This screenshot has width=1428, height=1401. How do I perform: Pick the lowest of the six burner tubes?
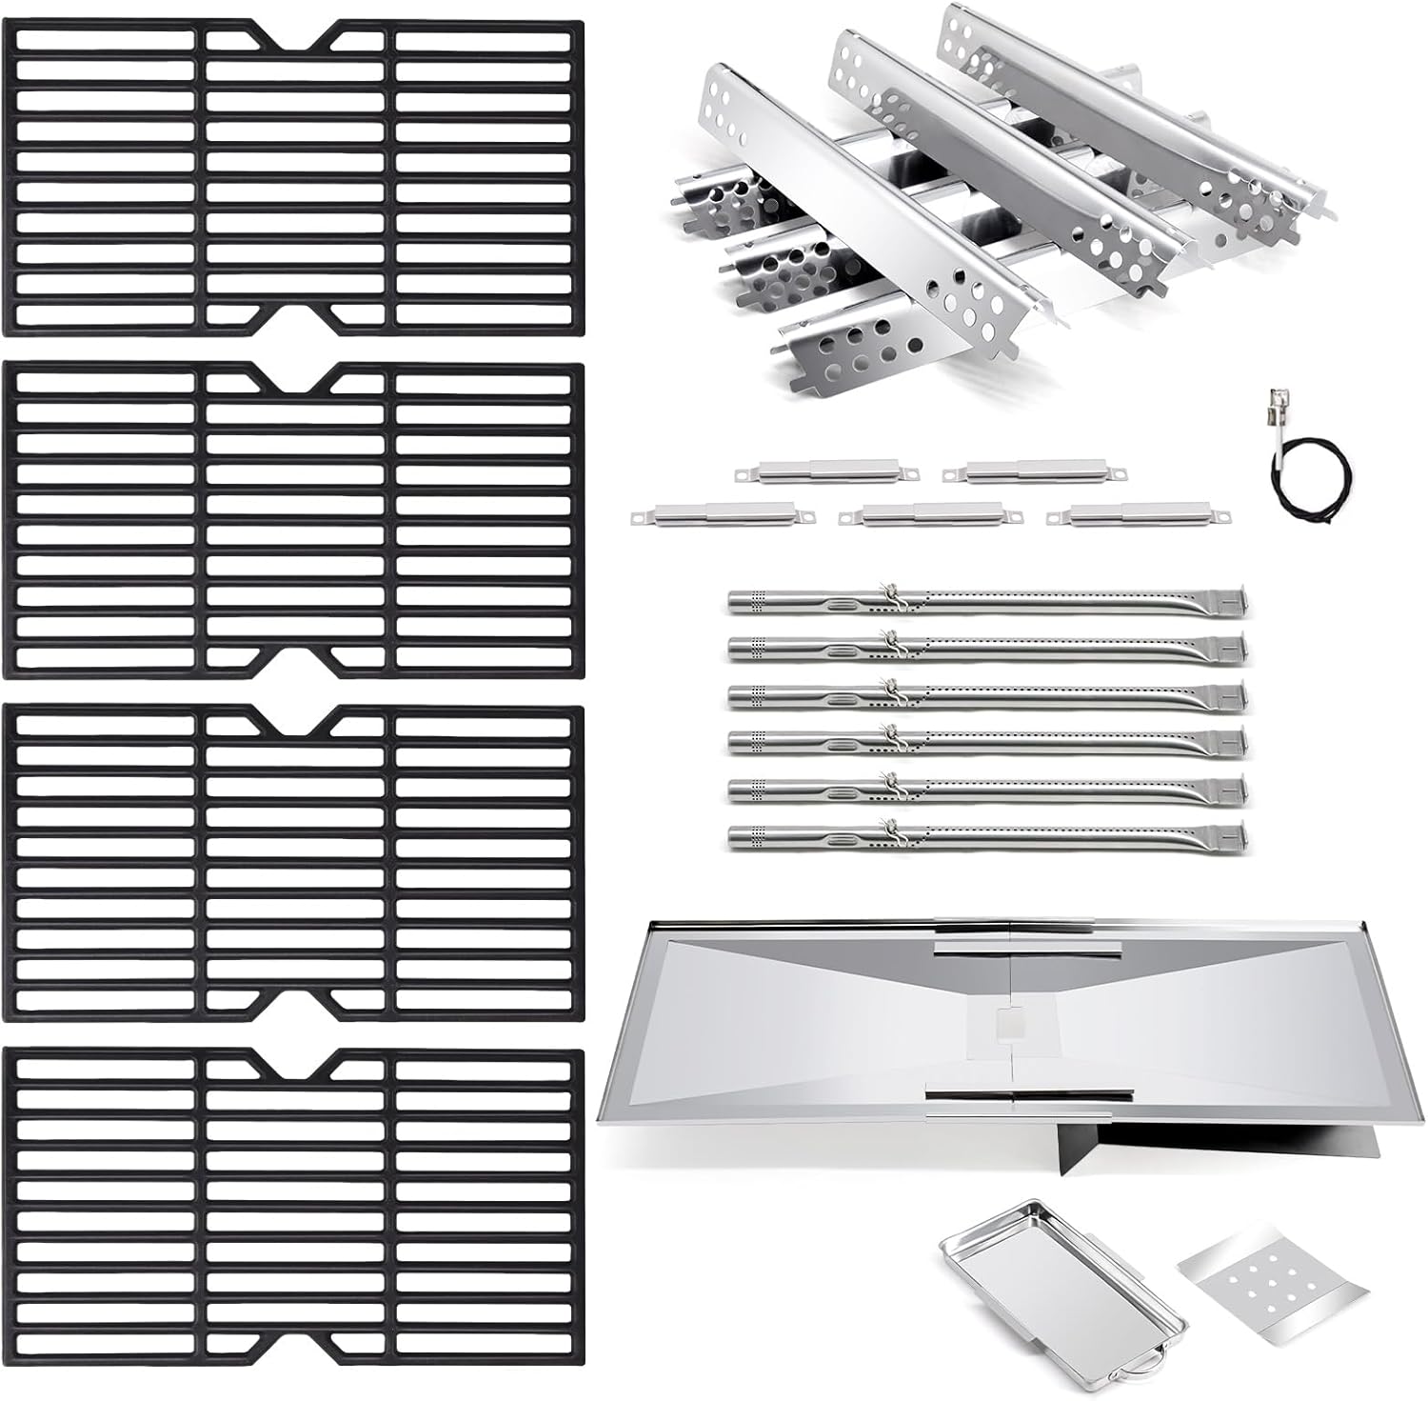click(x=985, y=837)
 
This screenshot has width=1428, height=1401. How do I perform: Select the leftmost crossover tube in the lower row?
click(x=724, y=516)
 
